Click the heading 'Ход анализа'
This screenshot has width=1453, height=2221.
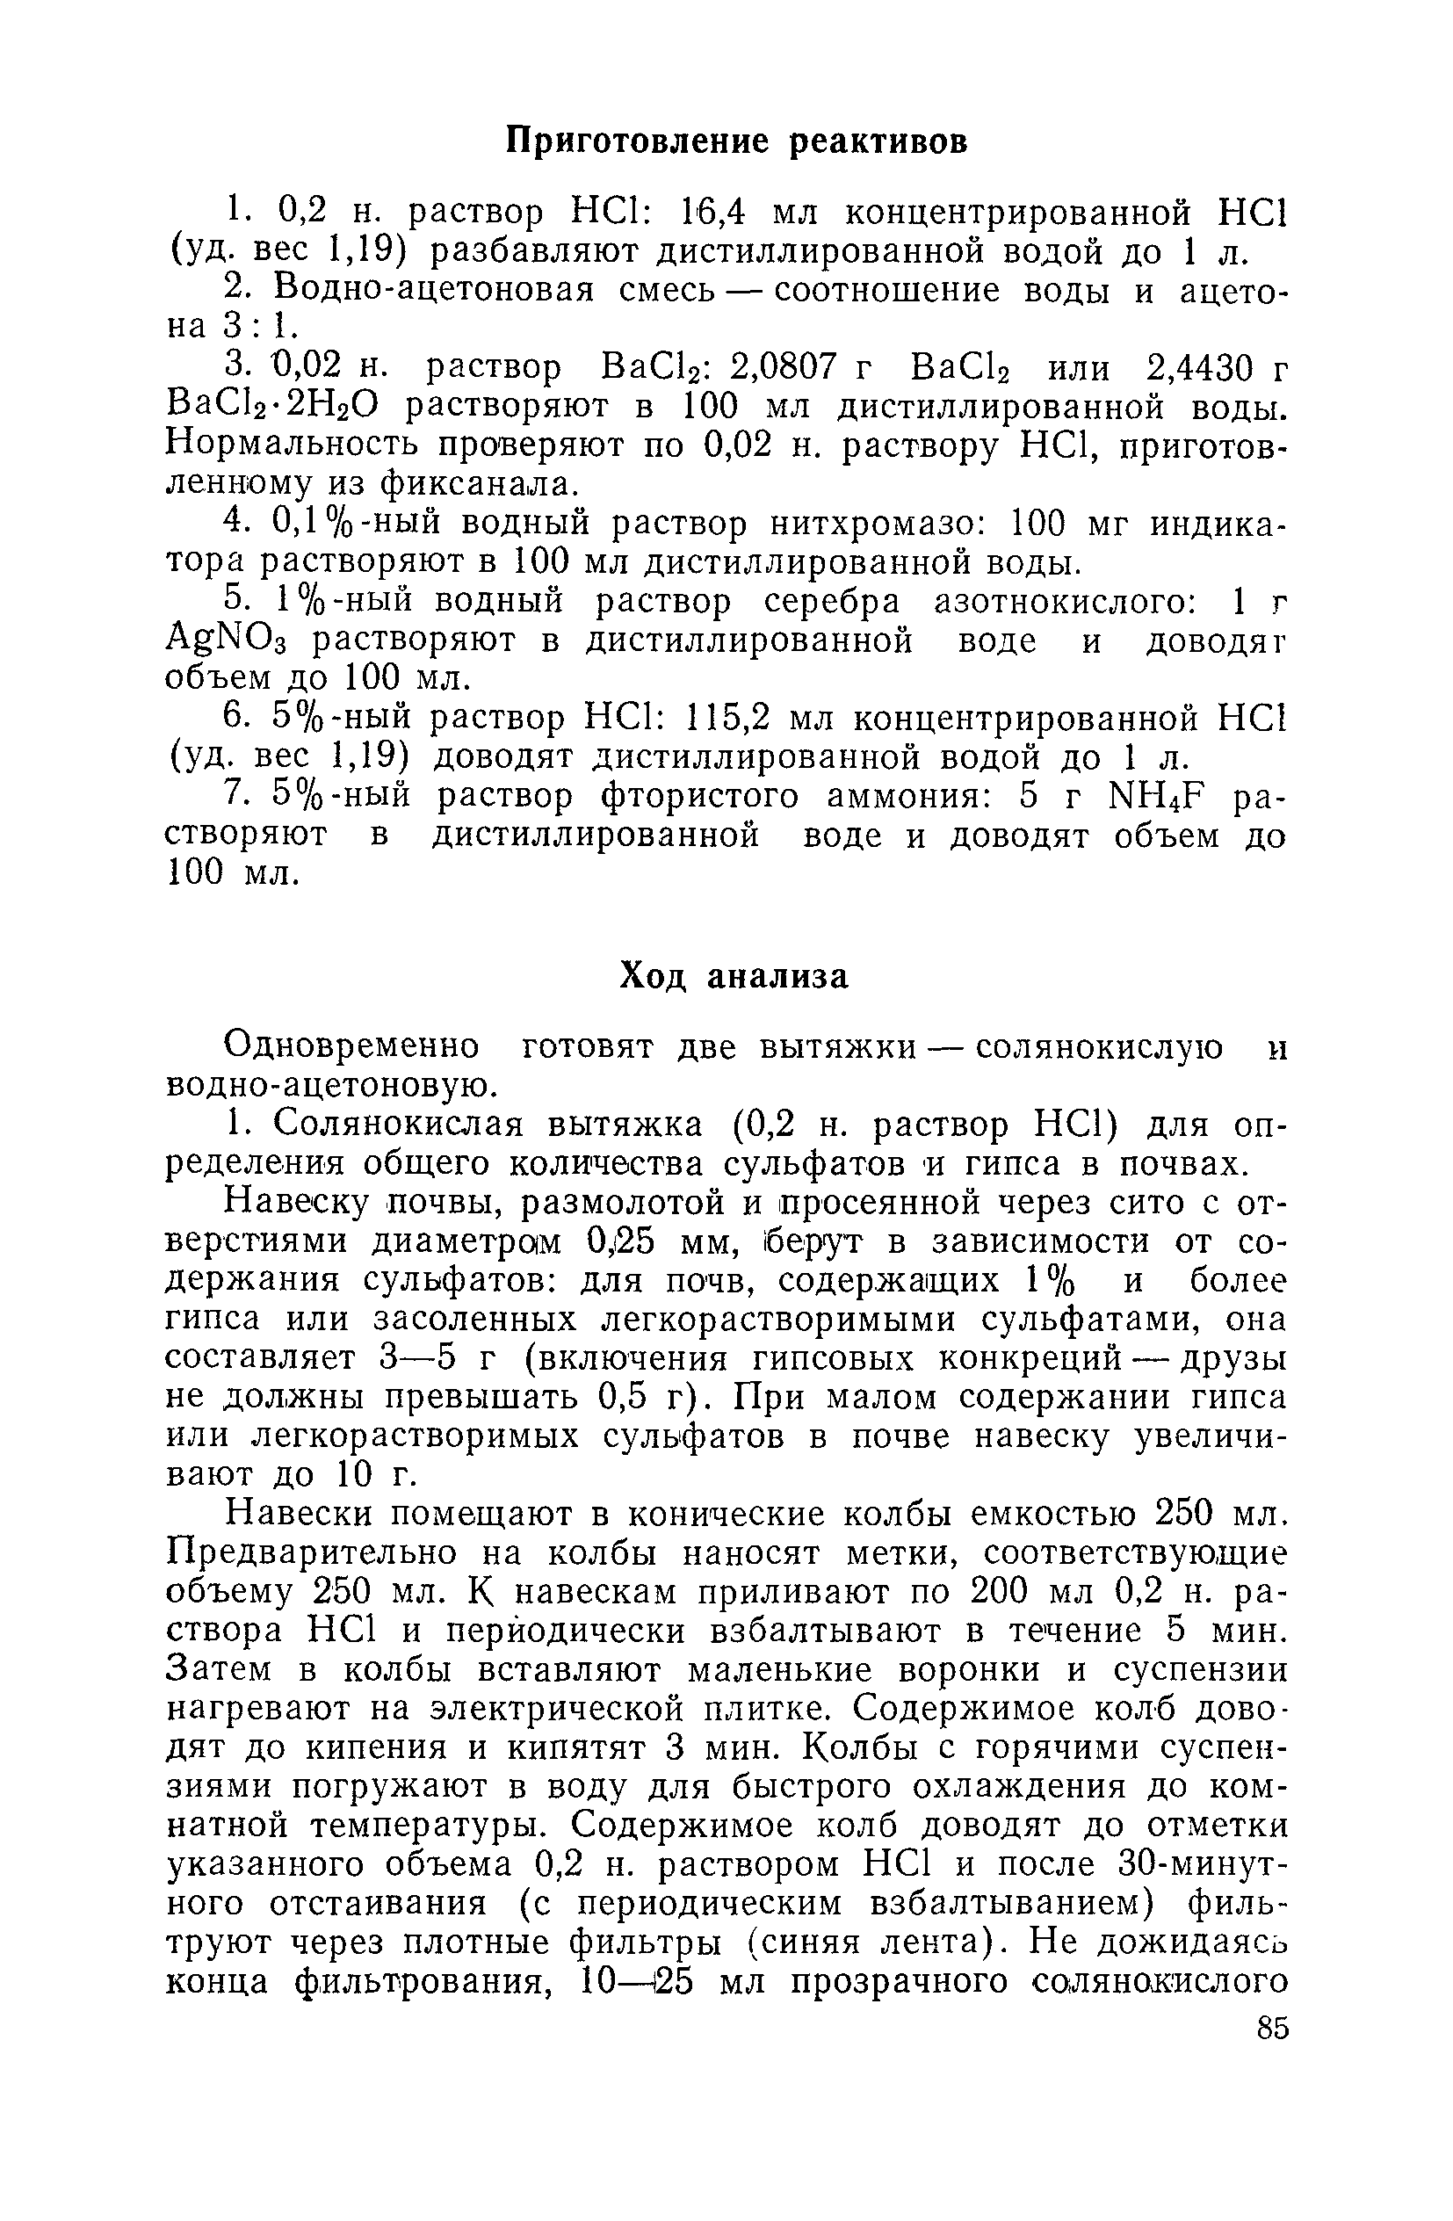coord(735,977)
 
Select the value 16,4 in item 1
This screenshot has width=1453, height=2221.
coord(710,214)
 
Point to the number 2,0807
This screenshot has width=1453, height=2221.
coord(783,369)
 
